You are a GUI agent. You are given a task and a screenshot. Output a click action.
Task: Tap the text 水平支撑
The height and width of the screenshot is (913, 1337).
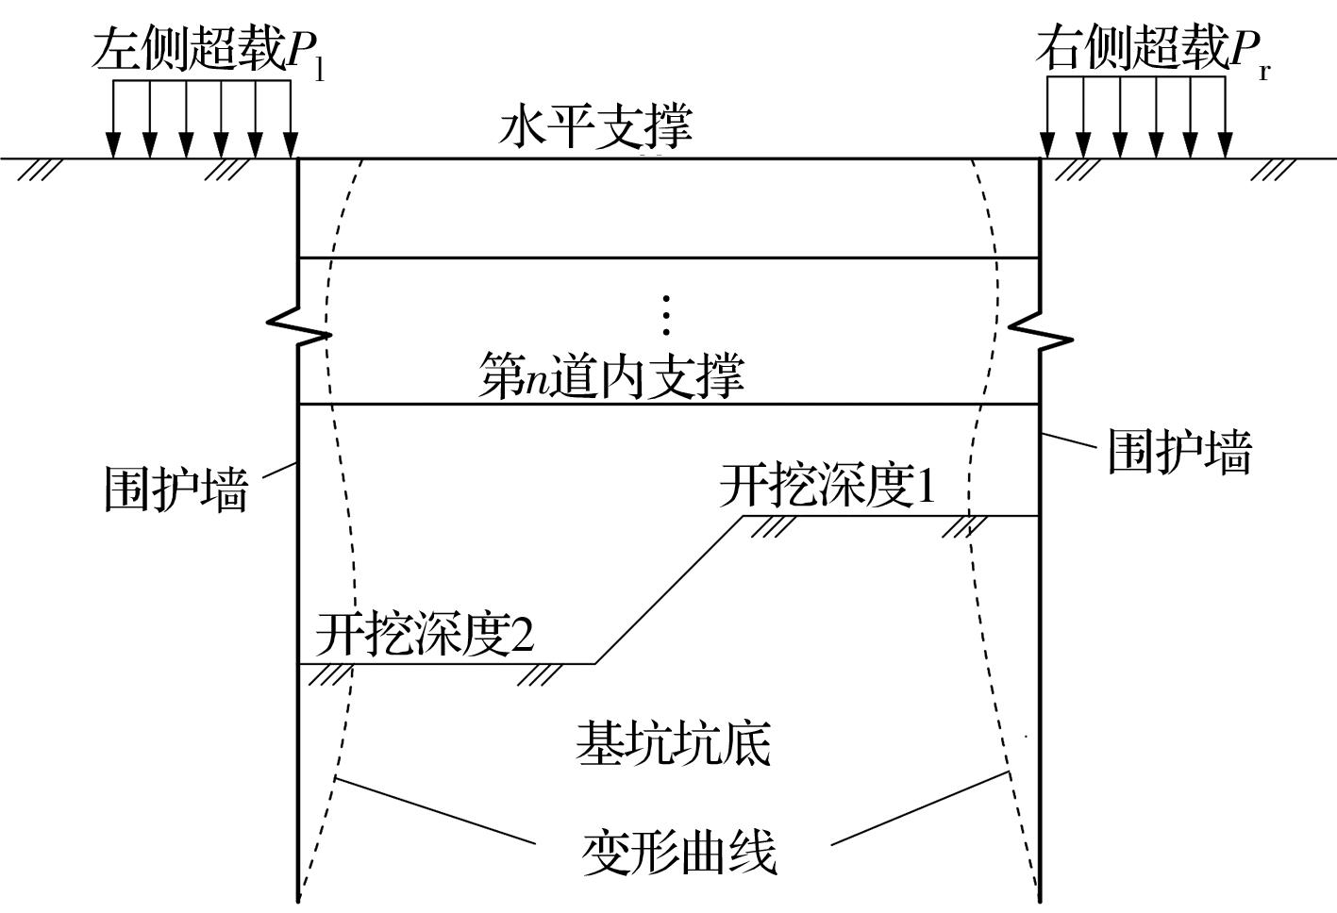click(x=595, y=127)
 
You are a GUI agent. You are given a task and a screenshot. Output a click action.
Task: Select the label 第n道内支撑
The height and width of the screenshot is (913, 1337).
click(x=611, y=375)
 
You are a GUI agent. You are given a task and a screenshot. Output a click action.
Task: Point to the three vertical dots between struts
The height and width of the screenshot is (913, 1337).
click(x=666, y=315)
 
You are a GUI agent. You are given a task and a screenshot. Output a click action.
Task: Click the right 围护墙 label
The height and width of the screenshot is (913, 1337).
click(x=1178, y=452)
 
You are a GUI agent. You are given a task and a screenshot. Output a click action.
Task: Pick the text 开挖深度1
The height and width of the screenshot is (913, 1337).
click(x=827, y=487)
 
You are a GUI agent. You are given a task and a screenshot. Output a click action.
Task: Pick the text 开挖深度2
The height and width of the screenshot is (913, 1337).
click(x=425, y=634)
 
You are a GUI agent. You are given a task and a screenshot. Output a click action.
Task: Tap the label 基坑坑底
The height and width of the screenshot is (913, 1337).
click(x=674, y=743)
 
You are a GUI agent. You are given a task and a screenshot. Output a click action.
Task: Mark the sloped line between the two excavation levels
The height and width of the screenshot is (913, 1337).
click(x=668, y=589)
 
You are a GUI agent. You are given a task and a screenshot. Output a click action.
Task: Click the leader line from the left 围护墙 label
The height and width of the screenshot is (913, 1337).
click(x=279, y=471)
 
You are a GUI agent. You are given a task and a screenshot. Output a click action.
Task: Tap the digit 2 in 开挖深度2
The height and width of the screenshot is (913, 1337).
click(x=522, y=635)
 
